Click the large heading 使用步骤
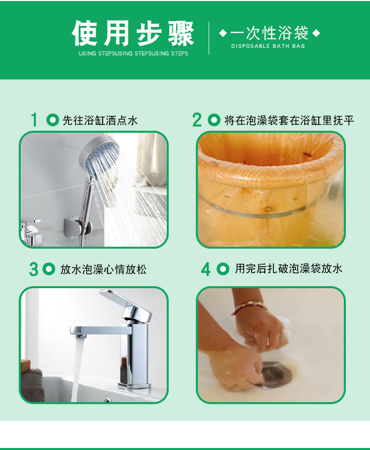133,33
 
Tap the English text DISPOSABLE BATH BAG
268,46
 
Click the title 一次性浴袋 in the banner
269,33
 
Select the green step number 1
35,119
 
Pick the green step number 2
197,120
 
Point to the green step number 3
33,269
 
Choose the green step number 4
206,269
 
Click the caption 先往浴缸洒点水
100,120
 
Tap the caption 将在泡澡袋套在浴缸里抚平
289,120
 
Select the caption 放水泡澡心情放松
103,269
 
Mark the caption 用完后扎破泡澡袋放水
289,268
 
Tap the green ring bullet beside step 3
49,269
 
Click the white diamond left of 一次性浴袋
223,33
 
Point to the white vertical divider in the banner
209,38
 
